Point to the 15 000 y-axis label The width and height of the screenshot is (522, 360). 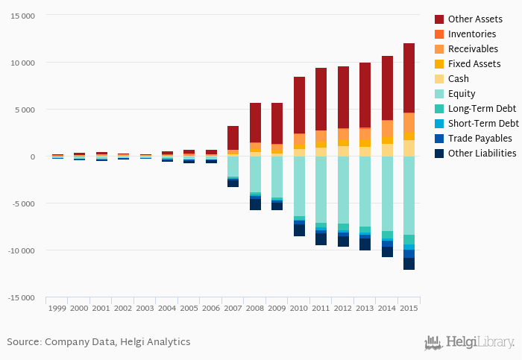(x=22, y=16)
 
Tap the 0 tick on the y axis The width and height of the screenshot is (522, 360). (x=32, y=157)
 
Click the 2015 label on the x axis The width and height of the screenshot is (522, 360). (x=409, y=307)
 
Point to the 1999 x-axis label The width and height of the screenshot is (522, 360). (x=57, y=307)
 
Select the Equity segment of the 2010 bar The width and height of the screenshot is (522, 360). (x=299, y=186)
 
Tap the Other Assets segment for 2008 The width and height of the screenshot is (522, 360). (x=255, y=123)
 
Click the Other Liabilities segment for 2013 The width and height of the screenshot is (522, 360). (x=365, y=244)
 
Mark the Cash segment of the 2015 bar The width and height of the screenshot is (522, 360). (x=409, y=148)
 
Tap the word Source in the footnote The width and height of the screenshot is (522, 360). (x=23, y=342)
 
